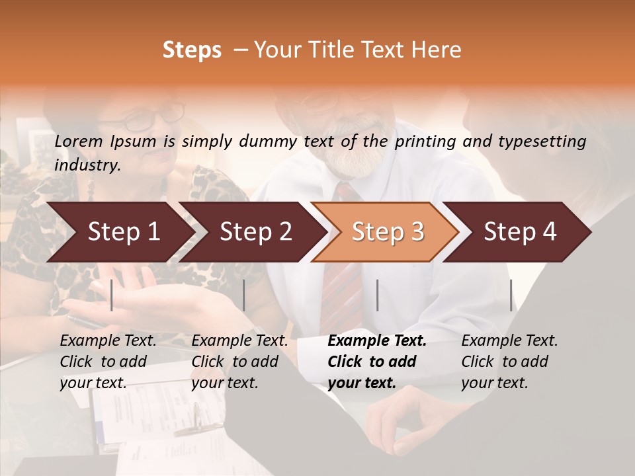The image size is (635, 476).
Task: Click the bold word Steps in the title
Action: pyautogui.click(x=192, y=50)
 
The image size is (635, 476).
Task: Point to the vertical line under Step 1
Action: pyautogui.click(x=112, y=295)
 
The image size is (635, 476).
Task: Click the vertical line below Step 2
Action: pyautogui.click(x=244, y=295)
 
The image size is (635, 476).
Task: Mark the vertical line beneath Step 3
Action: pyautogui.click(x=377, y=295)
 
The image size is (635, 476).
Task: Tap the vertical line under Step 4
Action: pyautogui.click(x=511, y=295)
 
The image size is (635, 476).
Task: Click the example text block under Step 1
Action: pyautogui.click(x=108, y=362)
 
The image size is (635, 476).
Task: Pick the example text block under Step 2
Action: pyautogui.click(x=239, y=362)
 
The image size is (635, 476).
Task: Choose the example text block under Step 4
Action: pyautogui.click(x=509, y=362)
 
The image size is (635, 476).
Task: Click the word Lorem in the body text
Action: pyautogui.click(x=79, y=141)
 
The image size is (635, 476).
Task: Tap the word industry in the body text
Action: pyautogui.click(x=87, y=165)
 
